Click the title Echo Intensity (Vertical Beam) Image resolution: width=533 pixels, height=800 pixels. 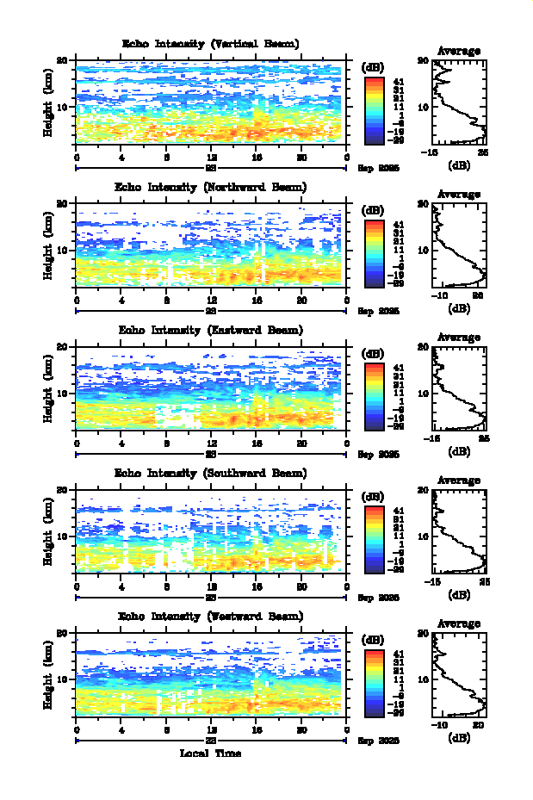[211, 44]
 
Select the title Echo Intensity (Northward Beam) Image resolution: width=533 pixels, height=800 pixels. [211, 187]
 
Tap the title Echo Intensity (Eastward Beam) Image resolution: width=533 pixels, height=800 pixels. [211, 330]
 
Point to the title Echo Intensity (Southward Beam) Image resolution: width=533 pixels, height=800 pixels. [211, 473]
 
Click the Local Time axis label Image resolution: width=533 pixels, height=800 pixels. [210, 753]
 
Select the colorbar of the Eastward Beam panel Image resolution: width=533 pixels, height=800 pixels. [374, 395]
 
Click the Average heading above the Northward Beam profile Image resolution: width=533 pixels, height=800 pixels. [459, 195]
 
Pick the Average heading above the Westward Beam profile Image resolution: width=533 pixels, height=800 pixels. [459, 623]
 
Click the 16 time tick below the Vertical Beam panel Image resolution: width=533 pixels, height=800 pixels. [257, 157]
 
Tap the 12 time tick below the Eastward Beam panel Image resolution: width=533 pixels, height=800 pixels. [212, 443]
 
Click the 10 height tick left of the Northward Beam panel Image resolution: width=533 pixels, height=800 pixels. [62, 250]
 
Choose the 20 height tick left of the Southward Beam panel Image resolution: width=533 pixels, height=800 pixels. [62, 489]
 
